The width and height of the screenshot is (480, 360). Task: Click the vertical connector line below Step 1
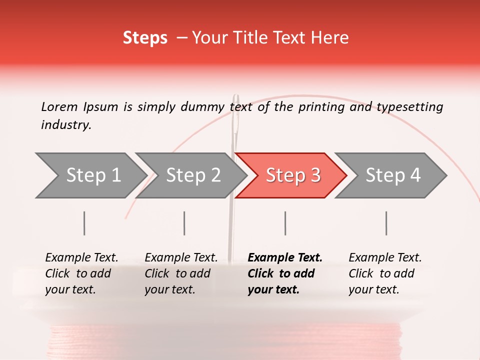[x=84, y=223]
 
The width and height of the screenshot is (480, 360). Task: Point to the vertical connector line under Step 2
[x=184, y=223]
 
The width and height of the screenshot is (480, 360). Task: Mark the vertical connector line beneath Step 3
[x=285, y=223]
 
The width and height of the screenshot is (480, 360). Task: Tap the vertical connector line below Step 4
[x=386, y=223]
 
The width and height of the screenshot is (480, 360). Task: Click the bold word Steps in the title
[x=145, y=38]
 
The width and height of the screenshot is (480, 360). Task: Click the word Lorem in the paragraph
[x=59, y=106]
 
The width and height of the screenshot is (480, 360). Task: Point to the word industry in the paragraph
[x=66, y=125]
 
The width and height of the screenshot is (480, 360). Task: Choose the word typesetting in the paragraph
[x=409, y=107]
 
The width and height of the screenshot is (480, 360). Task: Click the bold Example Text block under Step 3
[x=285, y=273]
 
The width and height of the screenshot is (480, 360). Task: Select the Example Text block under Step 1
[x=81, y=273]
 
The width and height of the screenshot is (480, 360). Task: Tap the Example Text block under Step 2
[x=181, y=273]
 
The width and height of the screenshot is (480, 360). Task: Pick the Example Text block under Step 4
[x=385, y=273]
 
